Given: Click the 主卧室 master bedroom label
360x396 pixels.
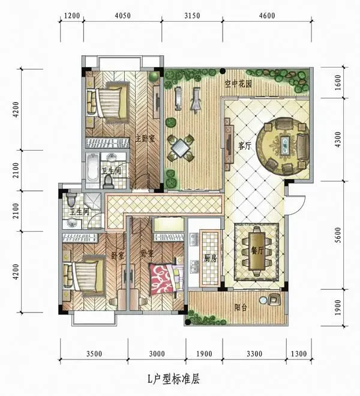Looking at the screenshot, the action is point(145,139).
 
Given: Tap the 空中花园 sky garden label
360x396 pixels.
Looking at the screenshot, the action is point(238,83).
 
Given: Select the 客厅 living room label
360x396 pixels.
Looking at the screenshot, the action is point(245,146).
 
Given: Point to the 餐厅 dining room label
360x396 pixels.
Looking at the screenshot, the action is point(257,250).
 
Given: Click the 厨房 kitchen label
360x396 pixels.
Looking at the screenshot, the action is point(210,259).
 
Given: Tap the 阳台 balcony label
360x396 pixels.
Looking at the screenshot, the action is point(240,307).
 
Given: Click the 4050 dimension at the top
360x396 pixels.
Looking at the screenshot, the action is point(123,16).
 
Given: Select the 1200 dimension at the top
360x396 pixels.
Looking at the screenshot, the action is point(72,16).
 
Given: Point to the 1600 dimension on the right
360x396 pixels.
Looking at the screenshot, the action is point(338,83).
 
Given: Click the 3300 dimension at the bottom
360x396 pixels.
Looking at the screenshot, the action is point(254,353).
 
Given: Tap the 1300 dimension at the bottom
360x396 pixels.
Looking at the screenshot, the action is point(299,353).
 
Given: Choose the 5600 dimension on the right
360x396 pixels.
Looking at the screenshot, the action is point(338,235).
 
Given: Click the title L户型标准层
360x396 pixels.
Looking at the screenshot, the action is point(174,379).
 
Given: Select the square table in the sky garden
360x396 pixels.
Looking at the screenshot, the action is point(181,148).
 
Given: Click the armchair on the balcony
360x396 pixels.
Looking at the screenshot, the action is point(275,299).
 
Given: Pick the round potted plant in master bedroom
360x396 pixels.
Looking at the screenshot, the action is point(154,76).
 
